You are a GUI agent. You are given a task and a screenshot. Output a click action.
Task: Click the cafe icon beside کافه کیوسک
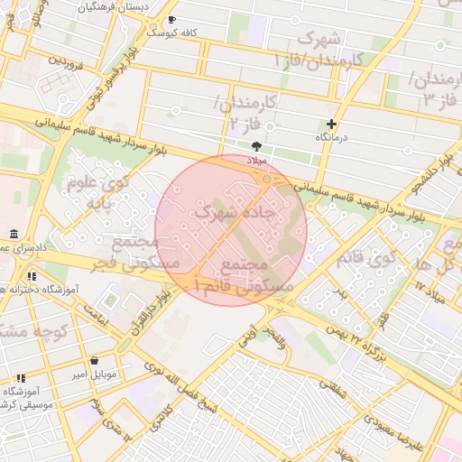172,19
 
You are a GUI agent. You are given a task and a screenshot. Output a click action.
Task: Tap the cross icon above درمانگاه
332,124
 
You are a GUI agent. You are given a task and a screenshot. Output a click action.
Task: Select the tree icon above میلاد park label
257,145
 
